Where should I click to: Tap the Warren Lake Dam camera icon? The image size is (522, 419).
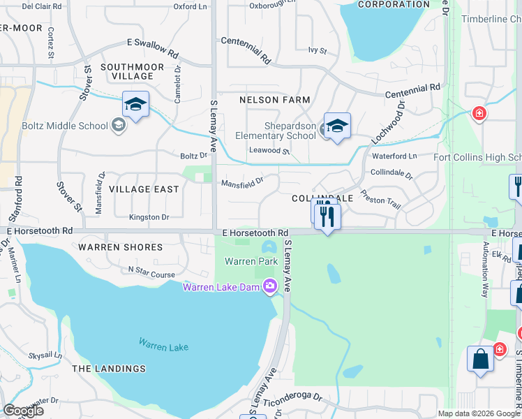pos(271,286)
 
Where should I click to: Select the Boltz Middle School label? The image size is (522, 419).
pos(68,125)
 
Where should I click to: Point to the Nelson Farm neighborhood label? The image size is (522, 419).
pos(274,100)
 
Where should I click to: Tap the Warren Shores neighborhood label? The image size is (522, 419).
pos(120,247)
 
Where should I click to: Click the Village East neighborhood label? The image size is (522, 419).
pos(144,189)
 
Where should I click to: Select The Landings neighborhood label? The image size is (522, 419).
pos(109,368)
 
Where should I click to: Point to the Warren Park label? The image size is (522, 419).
pos(241,261)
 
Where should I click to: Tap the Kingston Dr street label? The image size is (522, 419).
pos(149,217)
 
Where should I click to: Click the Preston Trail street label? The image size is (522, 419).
pos(380,200)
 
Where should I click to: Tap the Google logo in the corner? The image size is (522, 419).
pos(23,411)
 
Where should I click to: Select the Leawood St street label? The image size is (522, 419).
pos(269,150)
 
